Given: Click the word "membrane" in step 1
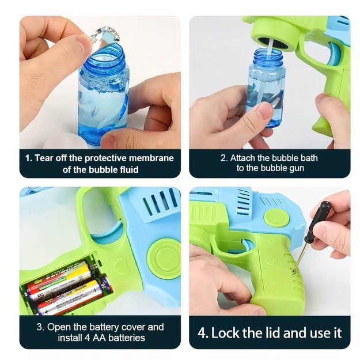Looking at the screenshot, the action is pyautogui.click(x=151, y=158).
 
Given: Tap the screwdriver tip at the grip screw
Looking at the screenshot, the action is pyautogui.click(x=294, y=271).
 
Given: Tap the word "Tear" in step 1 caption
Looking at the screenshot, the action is pyautogui.click(x=44, y=158).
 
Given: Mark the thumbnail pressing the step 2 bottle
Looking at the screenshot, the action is pyautogui.click(x=264, y=111).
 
